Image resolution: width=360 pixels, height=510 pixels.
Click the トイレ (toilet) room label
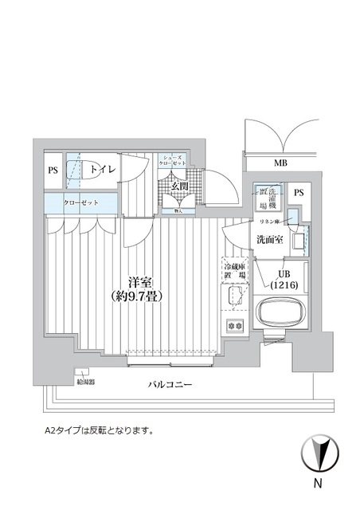tap(101, 170)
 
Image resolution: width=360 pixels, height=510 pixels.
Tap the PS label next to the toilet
tap(53, 170)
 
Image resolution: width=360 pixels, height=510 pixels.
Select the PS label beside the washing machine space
tap(299, 193)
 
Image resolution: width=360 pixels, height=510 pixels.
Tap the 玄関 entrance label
tap(179, 186)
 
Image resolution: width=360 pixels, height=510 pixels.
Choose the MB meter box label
tap(280, 163)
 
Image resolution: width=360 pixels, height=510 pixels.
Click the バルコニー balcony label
tap(170, 386)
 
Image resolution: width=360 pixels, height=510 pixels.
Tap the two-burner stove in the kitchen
tap(236, 326)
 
